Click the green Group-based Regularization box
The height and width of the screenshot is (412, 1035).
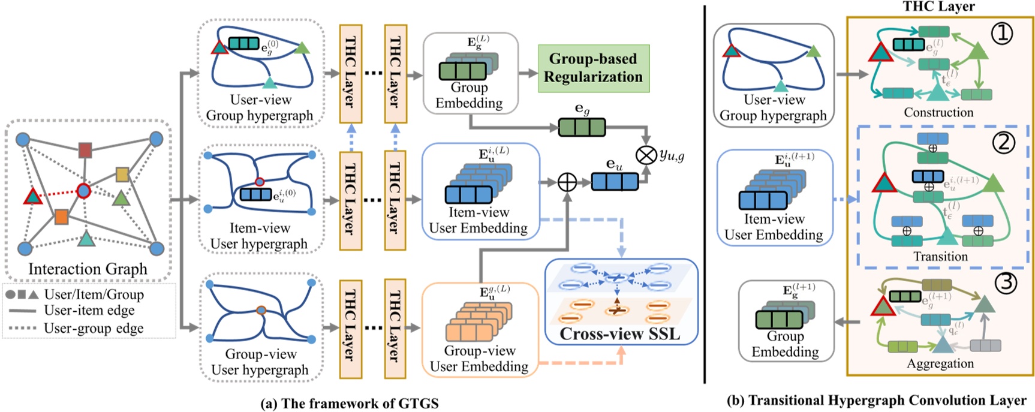tap(593, 68)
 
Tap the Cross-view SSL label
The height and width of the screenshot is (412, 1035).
tap(620, 333)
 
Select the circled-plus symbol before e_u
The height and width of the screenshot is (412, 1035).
tap(567, 182)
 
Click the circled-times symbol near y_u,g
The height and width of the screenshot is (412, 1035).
tap(646, 155)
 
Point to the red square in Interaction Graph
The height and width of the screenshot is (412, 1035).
tap(86, 150)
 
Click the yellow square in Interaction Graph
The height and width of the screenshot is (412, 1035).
tap(122, 175)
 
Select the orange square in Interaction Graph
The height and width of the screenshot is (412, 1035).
tap(61, 216)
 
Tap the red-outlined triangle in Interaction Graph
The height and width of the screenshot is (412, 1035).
tap(32, 197)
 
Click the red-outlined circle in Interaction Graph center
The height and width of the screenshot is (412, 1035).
tap(83, 191)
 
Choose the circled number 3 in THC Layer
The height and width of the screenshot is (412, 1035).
tap(1004, 282)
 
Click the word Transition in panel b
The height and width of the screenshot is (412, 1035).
tap(940, 257)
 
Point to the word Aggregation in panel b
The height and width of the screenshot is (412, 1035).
tap(940, 363)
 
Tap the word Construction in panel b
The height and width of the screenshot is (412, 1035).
tap(938, 112)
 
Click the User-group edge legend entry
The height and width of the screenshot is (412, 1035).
tap(93, 328)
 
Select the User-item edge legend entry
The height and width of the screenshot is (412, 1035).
tap(89, 310)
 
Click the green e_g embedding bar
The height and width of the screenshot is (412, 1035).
tap(582, 127)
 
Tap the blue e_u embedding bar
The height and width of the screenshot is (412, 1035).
tap(615, 182)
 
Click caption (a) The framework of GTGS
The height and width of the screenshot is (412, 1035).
tap(349, 403)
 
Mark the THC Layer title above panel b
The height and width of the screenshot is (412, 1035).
tap(938, 7)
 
